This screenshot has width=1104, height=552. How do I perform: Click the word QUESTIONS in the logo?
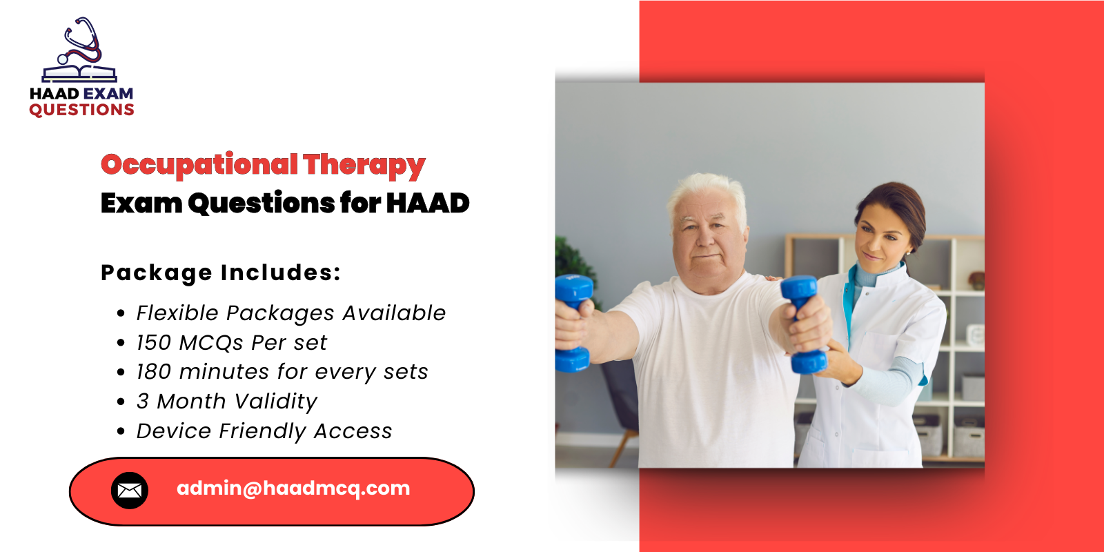[x=81, y=110]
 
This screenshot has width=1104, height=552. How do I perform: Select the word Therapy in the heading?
[x=364, y=166]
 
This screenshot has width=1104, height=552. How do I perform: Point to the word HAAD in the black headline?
[x=428, y=204]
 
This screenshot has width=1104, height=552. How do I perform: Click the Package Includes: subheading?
[x=221, y=273]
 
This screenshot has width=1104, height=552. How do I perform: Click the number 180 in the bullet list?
[x=153, y=372]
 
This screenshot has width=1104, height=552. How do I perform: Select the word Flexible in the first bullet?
[x=177, y=313]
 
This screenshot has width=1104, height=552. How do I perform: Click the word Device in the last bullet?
[x=174, y=431]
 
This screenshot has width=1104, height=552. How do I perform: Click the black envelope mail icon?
[x=130, y=491]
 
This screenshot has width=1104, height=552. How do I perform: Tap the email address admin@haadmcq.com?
[x=293, y=489]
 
